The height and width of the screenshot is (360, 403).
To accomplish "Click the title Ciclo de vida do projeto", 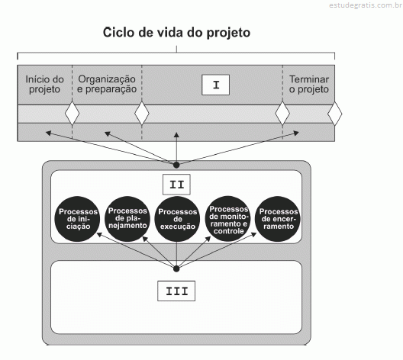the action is click(176, 33).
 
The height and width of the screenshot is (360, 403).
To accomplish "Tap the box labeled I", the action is click(216, 85).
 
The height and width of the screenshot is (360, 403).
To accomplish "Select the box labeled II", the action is click(176, 185).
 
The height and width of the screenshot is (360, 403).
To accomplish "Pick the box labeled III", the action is click(176, 291).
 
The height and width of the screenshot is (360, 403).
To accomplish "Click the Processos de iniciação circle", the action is click(77, 219).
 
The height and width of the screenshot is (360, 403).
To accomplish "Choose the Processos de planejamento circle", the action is click(127, 218).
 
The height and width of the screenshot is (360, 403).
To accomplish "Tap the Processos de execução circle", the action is click(177, 219).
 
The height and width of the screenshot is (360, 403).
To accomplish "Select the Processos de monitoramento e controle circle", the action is click(228, 218).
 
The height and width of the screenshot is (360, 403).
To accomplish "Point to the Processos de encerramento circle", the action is click(278, 219).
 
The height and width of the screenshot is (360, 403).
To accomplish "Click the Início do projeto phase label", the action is click(44, 84).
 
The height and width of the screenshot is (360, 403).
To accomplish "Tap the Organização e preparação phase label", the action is click(107, 84).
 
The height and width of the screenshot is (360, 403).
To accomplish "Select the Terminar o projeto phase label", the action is click(309, 84).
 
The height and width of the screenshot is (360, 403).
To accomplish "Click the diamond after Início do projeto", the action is click(73, 113).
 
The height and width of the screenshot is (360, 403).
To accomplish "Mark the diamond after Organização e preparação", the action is click(142, 113).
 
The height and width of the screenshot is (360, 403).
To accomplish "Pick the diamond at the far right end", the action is click(334, 114).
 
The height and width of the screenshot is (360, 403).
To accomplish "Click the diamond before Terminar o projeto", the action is click(282, 113).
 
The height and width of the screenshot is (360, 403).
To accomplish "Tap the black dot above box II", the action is click(176, 165).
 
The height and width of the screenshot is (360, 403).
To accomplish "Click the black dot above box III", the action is click(176, 268).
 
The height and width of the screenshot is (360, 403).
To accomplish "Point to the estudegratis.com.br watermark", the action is click(366, 5).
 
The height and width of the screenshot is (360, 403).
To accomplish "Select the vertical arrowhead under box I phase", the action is click(176, 135).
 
